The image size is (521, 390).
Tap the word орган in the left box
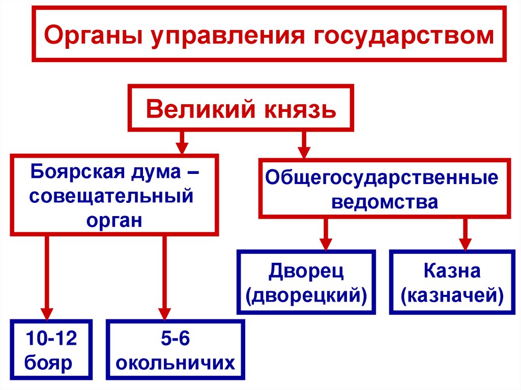point(114,220)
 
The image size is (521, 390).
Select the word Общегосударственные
point(382,178)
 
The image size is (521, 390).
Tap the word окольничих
point(175,363)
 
